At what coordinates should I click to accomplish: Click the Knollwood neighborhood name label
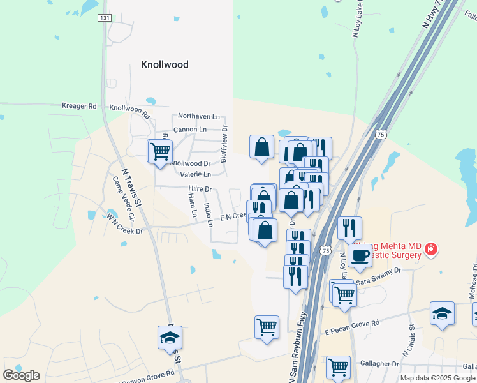click(x=165, y=64)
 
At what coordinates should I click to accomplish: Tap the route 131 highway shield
click(x=104, y=18)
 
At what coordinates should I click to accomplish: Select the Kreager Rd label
click(x=79, y=106)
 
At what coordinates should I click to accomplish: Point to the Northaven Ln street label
click(x=198, y=117)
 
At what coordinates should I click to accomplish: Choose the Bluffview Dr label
click(x=224, y=144)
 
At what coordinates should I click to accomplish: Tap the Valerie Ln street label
click(x=195, y=174)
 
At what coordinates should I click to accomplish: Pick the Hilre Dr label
click(x=200, y=189)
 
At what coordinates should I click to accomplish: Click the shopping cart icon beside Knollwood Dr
click(x=160, y=152)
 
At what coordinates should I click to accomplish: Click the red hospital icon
click(x=432, y=248)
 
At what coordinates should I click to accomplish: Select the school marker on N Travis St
click(x=170, y=338)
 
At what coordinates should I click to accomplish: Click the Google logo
click(x=21, y=375)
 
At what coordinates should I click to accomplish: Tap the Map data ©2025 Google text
click(x=438, y=378)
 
